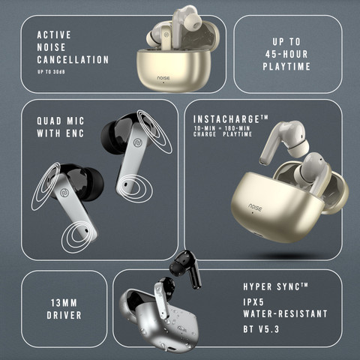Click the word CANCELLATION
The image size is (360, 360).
click(73, 60)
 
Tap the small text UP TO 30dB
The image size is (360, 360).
click(51, 72)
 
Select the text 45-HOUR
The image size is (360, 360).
click(286, 54)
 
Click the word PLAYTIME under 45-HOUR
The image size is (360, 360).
click(286, 67)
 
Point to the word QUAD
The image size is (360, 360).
click(49, 121)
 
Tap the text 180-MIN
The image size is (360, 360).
click(237, 128)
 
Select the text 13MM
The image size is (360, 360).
click(64, 303)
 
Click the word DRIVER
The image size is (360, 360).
click(64, 315)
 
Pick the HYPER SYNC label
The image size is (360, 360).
click(275, 286)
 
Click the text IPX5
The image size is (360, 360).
click(253, 302)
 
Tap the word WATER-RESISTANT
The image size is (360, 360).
click(285, 313)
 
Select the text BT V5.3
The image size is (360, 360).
click(261, 329)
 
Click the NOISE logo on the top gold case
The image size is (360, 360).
click(163, 78)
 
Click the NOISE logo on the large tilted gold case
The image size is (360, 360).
click(255, 207)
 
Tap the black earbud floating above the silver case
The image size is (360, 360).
click(186, 268)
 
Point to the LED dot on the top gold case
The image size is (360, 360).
click(163, 82)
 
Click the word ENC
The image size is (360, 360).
click(75, 133)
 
